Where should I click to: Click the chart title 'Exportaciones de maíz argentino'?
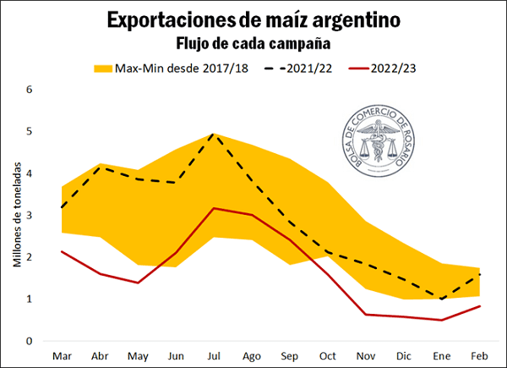pyautogui.click(x=253, y=19)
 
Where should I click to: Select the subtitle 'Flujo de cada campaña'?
pyautogui.click(x=253, y=41)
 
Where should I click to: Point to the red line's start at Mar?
pyautogui.click(x=62, y=251)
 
